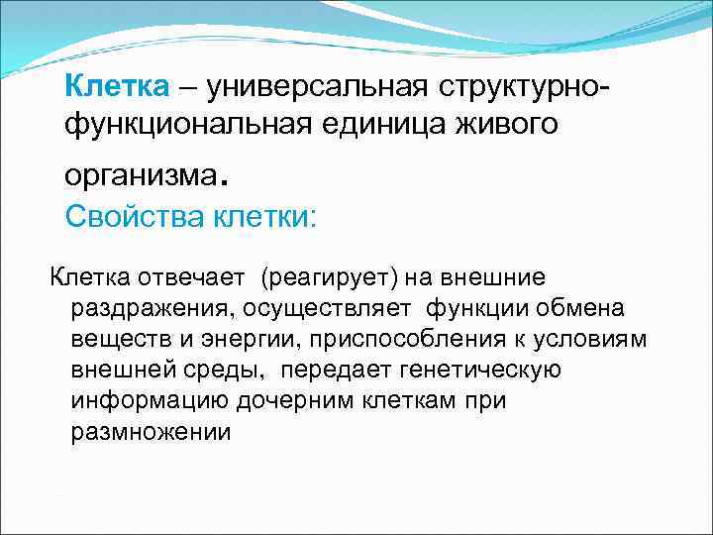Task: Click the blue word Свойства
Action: (x=135, y=214)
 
